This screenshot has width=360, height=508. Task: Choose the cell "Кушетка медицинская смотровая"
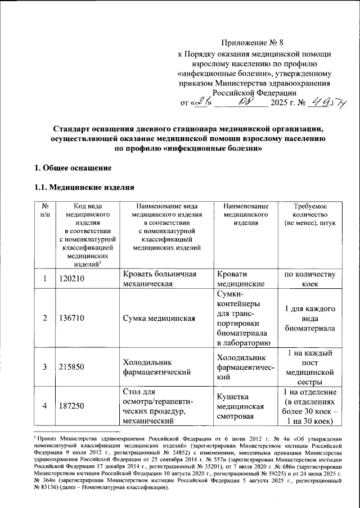(243, 407)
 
